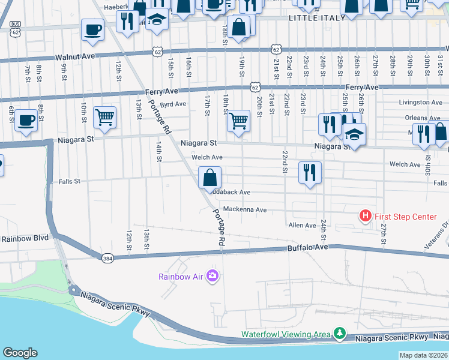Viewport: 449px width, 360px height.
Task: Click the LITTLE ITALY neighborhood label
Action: [317, 18]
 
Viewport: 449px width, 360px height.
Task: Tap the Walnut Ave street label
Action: [76, 58]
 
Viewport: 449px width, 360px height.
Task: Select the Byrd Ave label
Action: [173, 104]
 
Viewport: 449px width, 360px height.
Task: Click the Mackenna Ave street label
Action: [244, 210]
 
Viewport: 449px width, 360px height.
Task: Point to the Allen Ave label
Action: [302, 226]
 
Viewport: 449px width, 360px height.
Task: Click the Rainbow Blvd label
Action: [25, 238]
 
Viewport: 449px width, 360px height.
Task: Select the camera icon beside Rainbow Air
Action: [212, 276]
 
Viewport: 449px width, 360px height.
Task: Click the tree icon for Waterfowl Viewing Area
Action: [340, 333]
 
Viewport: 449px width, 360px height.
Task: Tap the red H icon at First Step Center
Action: [364, 215]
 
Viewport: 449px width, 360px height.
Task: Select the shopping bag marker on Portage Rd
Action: [209, 178]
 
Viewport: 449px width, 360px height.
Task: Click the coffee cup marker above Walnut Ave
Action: [92, 29]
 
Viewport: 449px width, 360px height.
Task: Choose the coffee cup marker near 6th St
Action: [26, 120]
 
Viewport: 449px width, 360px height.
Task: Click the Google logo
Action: [20, 353]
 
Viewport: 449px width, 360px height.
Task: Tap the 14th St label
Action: [159, 152]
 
